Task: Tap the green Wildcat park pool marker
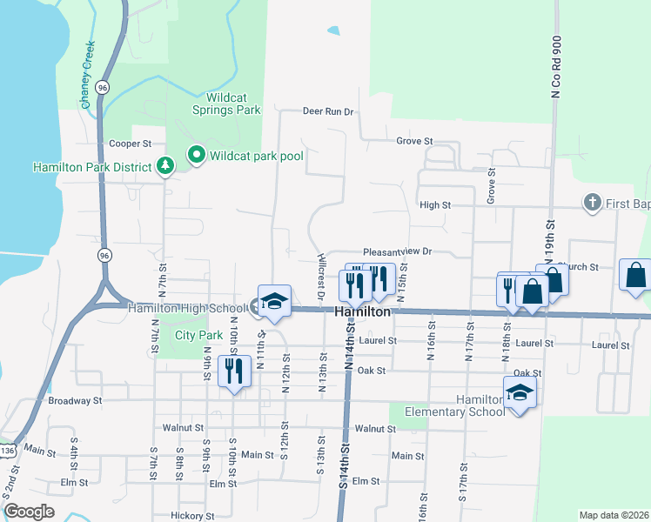click(197, 157)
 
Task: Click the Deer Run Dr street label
click(328, 111)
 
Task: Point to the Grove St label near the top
click(414, 141)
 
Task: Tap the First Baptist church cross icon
click(592, 203)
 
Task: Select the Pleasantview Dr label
click(398, 251)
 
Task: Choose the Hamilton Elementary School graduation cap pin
click(520, 392)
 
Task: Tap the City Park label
click(199, 335)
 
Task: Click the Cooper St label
click(131, 144)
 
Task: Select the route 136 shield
click(8, 451)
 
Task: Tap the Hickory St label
click(193, 516)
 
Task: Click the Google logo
click(29, 512)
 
